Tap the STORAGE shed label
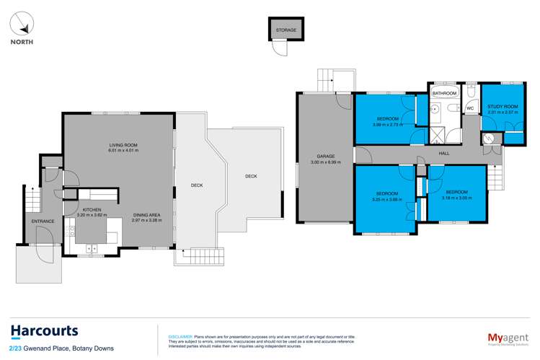286,30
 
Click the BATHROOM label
444,94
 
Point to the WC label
469,109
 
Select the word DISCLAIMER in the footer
180,336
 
